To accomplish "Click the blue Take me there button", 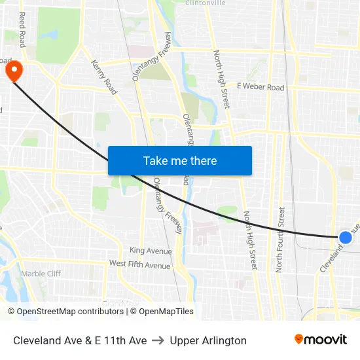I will pos(180,160).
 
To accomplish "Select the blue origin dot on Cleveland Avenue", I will pos(346,238).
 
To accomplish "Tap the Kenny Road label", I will pos(104,77).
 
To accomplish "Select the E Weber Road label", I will pos(261,87).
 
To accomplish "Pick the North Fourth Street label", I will pos(280,240).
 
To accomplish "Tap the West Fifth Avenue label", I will pos(139,265).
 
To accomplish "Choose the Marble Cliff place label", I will pos(41,274).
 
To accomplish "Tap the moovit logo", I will pos(321,340).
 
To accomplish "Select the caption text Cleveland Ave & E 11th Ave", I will pos(80,340).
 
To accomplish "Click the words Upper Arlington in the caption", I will pos(208,340).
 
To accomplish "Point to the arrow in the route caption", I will pos(158,340).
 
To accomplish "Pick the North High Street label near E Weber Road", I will pos(221,79).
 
